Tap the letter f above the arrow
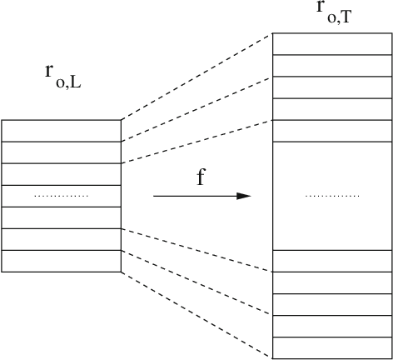click(201, 177)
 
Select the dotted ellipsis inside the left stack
click(61, 196)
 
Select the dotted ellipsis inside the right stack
click(332, 196)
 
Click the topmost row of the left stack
click(62, 131)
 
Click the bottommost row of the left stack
click(62, 261)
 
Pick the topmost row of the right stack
click(332, 44)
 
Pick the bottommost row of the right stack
click(332, 347)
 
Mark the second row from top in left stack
click(62, 152)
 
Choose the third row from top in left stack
click(62, 174)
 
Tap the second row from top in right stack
click(332, 66)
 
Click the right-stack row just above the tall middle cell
click(332, 131)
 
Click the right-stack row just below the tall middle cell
click(332, 261)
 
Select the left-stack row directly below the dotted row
click(62, 217)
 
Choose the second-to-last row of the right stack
click(332, 326)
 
